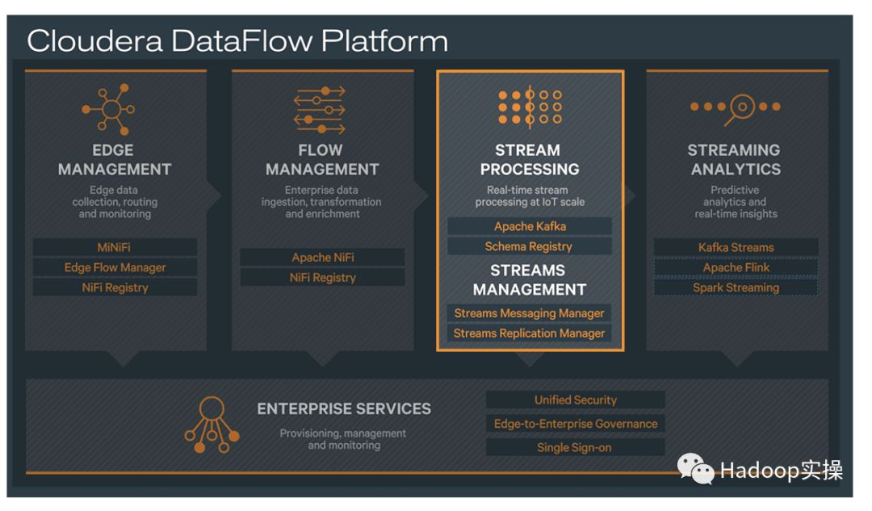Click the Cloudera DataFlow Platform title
pos(237,41)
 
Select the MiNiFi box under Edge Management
pos(115,247)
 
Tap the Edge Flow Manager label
pos(115,267)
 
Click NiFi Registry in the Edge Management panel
pos(115,287)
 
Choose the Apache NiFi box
pos(322,258)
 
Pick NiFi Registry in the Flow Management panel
pos(322,278)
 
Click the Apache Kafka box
pos(530,227)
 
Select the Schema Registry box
pos(529,246)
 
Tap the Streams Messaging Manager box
pos(529,313)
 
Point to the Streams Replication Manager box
pos(529,333)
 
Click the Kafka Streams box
pos(736,247)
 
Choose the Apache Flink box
pos(736,267)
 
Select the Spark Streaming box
pos(736,287)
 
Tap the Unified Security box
pos(575,400)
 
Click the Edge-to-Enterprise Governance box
pos(575,424)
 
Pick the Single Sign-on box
pos(575,447)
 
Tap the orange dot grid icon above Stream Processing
pos(530,107)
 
